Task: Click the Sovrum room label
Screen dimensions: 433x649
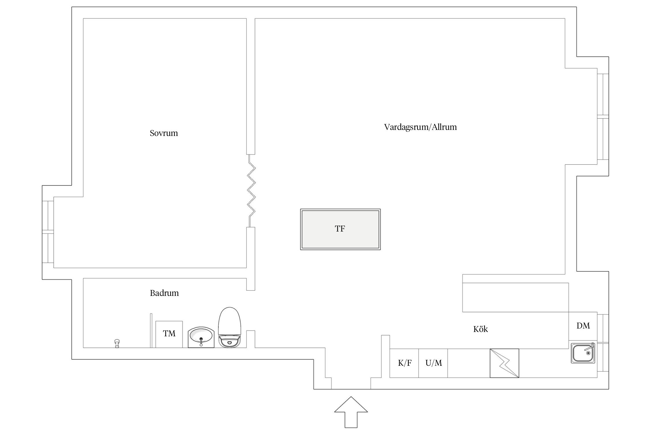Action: click(x=164, y=133)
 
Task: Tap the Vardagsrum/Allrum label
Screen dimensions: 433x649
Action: click(x=420, y=127)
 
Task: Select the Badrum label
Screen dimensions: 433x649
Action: click(x=164, y=293)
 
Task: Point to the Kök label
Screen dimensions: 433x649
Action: click(x=480, y=329)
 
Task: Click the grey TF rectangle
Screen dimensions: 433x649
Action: click(x=340, y=229)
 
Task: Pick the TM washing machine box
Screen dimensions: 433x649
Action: click(x=169, y=334)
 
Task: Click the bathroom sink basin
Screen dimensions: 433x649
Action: click(x=201, y=337)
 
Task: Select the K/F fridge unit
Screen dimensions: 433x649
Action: click(x=404, y=363)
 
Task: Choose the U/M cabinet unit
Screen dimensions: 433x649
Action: click(x=433, y=363)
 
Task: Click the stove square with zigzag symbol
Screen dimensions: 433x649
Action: click(x=504, y=363)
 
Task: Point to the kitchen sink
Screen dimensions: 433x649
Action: click(x=583, y=352)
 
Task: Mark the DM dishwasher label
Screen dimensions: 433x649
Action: click(x=583, y=326)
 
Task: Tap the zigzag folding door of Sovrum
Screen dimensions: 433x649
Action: click(x=251, y=191)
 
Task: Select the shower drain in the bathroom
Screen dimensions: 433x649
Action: click(x=117, y=343)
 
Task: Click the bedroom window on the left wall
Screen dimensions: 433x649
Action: click(x=48, y=232)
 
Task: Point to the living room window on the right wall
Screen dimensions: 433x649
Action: click(x=603, y=117)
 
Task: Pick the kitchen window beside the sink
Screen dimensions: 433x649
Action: click(x=603, y=343)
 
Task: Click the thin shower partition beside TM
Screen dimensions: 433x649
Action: click(x=151, y=330)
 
